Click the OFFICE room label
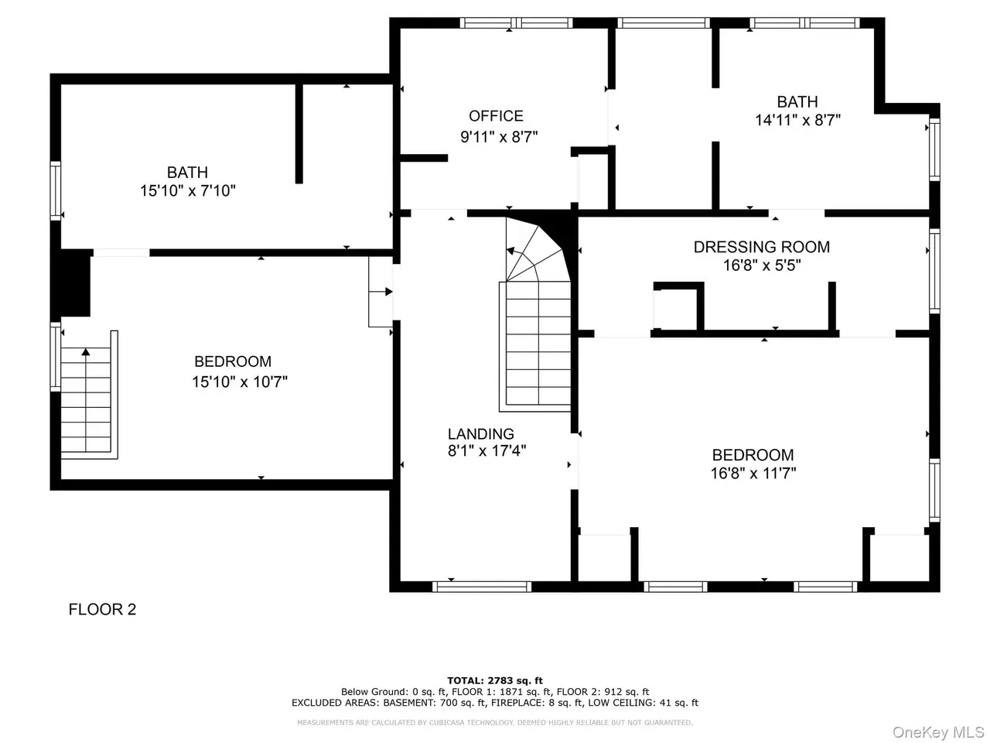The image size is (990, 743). point(496,116)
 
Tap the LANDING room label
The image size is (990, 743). point(480,433)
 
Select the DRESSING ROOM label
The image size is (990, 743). point(761,247)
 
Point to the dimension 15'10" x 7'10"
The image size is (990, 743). point(188,191)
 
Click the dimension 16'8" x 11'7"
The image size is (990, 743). point(753,473)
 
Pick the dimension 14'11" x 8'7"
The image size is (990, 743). point(797,120)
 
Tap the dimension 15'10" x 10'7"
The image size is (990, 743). point(240,382)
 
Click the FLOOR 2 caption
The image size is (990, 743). point(102,609)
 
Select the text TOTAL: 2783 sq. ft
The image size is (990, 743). point(495,680)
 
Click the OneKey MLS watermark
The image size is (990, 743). point(938,731)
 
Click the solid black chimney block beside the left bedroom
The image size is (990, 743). point(72,282)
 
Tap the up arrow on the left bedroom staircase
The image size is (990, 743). point(86,352)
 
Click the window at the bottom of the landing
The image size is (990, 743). point(482,587)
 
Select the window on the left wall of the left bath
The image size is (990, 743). point(55,191)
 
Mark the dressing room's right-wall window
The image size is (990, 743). point(934,271)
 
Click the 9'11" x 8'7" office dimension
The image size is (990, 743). point(499,137)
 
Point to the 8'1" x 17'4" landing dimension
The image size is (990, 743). point(486,450)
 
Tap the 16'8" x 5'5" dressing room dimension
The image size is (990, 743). point(762,265)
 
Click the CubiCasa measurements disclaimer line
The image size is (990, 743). point(495,723)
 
